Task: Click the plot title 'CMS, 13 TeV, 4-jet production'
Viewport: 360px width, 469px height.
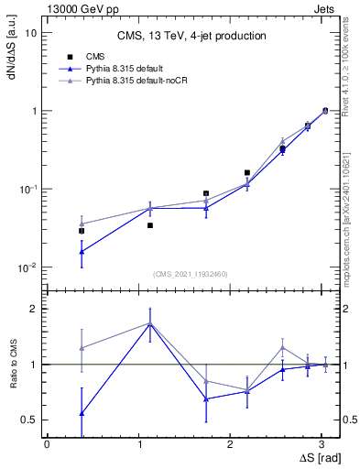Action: [x=191, y=37]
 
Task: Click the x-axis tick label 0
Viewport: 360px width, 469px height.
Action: [x=47, y=443]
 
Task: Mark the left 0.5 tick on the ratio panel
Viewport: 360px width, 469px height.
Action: [x=30, y=420]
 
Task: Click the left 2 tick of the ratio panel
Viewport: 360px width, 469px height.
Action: [x=33, y=309]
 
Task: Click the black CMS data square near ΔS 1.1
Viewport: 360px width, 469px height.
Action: [x=149, y=225]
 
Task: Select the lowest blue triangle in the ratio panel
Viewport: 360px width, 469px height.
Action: [x=82, y=413]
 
